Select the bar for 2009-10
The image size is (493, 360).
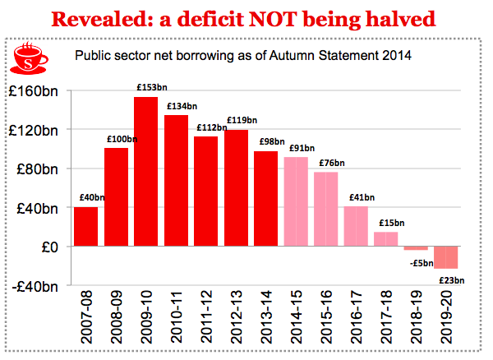[145, 172]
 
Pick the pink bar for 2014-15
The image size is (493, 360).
[297, 201]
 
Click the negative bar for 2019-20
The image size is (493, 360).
[447, 257]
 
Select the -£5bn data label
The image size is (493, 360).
[417, 263]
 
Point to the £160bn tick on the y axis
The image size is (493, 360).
[35, 91]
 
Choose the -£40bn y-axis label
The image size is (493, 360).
[35, 285]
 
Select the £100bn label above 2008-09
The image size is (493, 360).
[117, 140]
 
